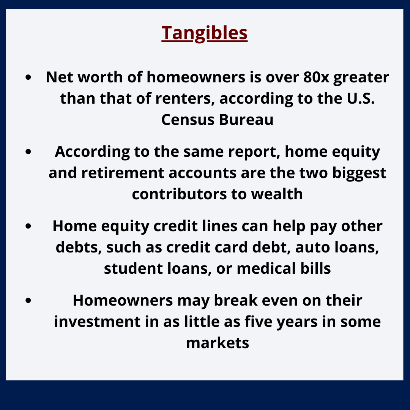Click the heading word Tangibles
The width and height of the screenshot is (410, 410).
click(205, 33)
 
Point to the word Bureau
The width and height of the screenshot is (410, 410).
click(246, 120)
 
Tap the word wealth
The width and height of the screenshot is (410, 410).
click(277, 194)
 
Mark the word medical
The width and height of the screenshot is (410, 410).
click(266, 268)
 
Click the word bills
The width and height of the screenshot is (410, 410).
click(315, 268)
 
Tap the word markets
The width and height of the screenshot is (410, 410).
click(218, 343)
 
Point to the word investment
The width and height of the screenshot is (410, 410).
click(97, 322)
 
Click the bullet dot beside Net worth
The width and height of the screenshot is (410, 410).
click(28, 77)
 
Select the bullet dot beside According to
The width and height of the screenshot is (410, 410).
click(28, 151)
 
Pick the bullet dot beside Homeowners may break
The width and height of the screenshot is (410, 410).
click(28, 300)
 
